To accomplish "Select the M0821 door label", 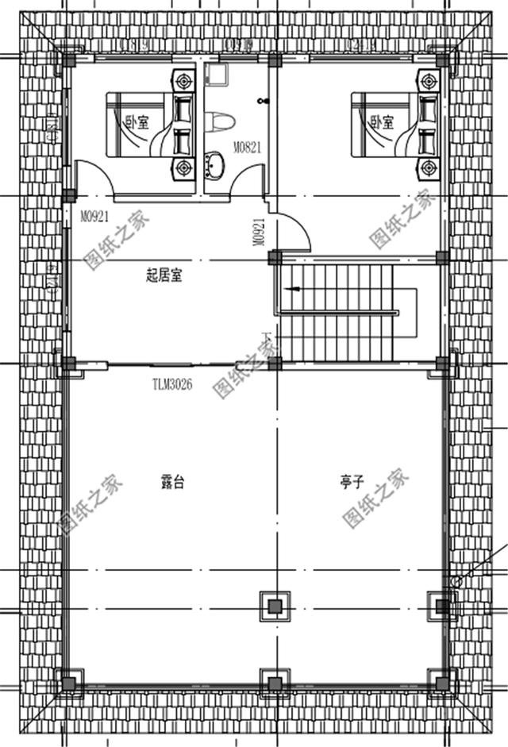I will click(x=247, y=147).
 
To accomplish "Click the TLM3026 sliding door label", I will click(x=173, y=384).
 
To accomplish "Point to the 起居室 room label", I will click(x=164, y=275).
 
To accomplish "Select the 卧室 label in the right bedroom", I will click(x=382, y=122).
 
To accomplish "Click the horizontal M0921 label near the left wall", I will click(x=94, y=214).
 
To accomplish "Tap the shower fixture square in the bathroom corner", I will click(x=214, y=75).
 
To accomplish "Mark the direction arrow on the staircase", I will click(x=296, y=290).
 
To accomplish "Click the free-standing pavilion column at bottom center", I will click(x=275, y=606).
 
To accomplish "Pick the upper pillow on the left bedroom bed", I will click(x=182, y=104).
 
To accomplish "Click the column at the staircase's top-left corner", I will click(x=275, y=258).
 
